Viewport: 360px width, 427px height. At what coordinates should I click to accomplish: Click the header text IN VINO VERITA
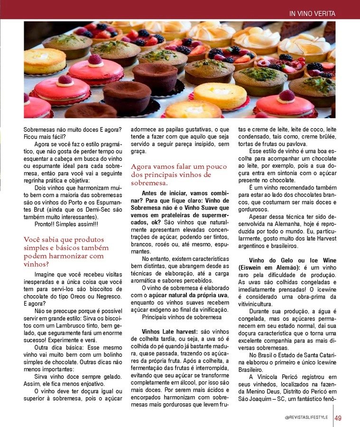[x=312, y=14]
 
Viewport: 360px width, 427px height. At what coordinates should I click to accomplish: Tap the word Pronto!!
[x=46, y=223]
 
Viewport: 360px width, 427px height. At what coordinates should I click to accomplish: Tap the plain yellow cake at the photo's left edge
[x=44, y=60]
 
